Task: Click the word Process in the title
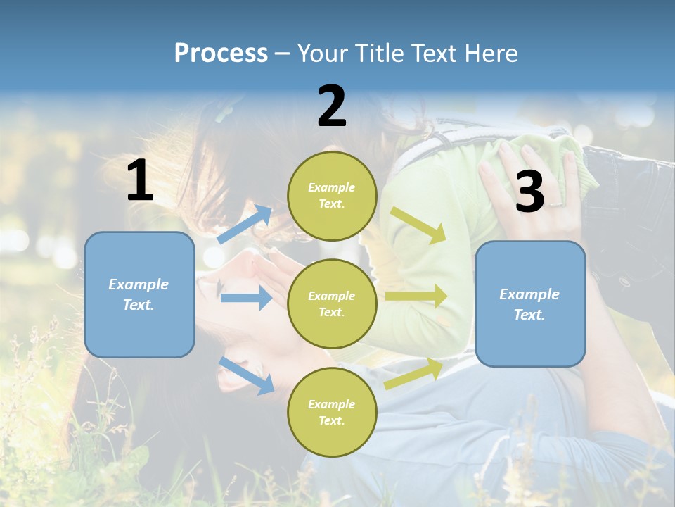(221, 54)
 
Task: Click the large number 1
(140, 182)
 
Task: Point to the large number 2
(332, 107)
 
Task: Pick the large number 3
(529, 192)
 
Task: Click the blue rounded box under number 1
(139, 294)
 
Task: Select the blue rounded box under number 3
(530, 304)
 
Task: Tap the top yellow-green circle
(332, 196)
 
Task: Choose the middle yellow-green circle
(332, 304)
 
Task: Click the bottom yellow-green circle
(332, 413)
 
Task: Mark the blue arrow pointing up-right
(245, 225)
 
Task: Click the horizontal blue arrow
(246, 298)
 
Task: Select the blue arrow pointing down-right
(246, 375)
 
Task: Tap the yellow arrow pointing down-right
(418, 225)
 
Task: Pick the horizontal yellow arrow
(416, 296)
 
